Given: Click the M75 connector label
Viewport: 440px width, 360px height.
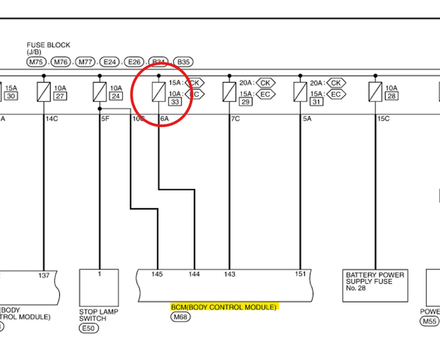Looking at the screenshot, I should coord(36,62).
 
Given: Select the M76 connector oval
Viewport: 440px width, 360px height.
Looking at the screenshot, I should coord(61,62).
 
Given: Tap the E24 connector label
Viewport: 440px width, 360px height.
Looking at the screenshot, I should coord(109,62).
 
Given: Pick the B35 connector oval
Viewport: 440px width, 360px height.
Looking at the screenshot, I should coord(183,62).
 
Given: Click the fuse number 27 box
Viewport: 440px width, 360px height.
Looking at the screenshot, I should coord(60,96).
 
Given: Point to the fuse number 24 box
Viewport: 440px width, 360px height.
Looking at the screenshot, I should coord(115,96).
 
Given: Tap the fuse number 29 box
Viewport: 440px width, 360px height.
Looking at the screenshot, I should coord(245,102).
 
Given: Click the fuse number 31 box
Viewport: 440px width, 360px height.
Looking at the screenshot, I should coord(316,102).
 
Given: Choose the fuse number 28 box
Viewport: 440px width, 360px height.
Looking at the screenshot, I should coord(391,96).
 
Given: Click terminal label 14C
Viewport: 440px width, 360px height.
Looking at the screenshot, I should coord(52,119).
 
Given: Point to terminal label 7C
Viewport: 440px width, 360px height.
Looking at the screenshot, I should coord(235,119).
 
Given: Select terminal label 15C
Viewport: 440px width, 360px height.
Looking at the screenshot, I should coord(382,119).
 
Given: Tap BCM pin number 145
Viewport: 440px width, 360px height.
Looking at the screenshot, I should coord(157,275).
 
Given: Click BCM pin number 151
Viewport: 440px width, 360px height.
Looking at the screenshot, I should coord(300,275).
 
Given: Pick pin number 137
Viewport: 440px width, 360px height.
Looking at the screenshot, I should coord(44,275).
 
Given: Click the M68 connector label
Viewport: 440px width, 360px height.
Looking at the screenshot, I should coord(180,317).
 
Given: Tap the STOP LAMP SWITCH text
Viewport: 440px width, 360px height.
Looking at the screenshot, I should coord(99,315).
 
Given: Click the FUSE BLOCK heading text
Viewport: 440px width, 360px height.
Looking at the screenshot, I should coord(48,45).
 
